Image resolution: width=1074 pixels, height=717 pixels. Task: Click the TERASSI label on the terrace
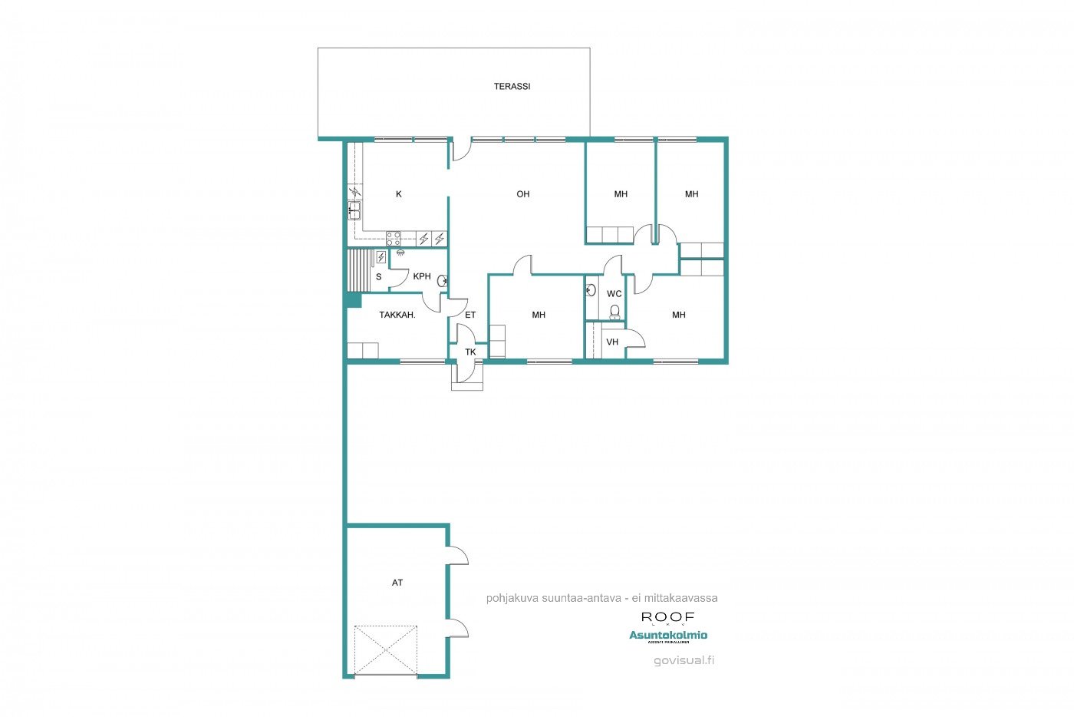(512, 87)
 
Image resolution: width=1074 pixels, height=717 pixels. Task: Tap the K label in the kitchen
(399, 195)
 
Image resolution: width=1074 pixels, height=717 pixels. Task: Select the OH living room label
(522, 194)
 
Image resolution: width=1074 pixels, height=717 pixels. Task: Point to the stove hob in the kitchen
(394, 238)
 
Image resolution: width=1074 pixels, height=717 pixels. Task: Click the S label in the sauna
(378, 277)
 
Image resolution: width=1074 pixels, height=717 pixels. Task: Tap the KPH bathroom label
(422, 276)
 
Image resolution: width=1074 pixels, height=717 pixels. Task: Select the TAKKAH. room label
(397, 315)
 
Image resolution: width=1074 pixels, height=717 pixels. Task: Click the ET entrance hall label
(470, 315)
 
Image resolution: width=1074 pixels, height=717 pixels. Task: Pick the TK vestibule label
(470, 352)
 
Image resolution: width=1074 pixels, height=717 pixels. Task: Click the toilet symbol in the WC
(614, 312)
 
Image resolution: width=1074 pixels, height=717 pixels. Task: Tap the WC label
(614, 294)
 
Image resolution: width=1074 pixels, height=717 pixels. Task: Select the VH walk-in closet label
(612, 342)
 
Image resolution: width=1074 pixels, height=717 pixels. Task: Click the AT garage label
(397, 583)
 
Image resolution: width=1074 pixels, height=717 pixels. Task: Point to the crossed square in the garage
(386, 651)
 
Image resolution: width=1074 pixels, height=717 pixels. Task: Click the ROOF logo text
(667, 617)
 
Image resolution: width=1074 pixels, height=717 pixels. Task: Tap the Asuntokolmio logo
(668, 635)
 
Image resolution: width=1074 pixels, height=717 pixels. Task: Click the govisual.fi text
(684, 660)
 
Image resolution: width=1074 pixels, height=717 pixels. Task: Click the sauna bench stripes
(358, 270)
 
